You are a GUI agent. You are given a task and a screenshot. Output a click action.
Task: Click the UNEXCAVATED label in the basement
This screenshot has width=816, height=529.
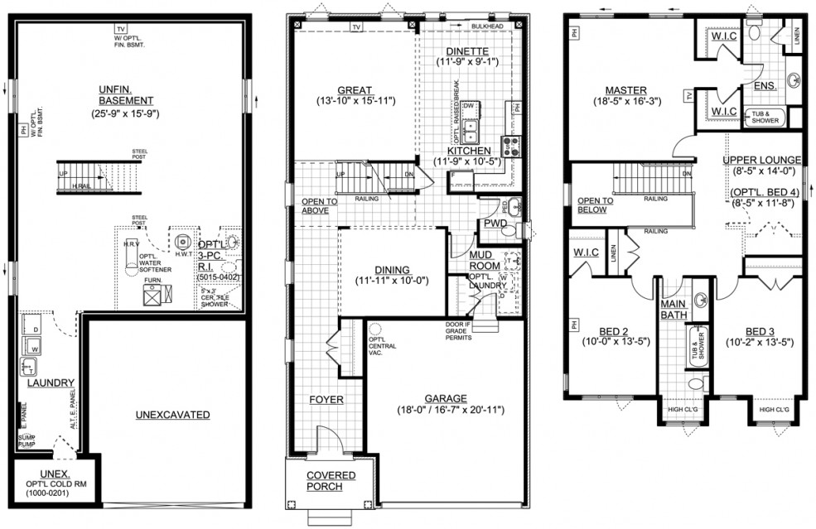[x=173, y=415]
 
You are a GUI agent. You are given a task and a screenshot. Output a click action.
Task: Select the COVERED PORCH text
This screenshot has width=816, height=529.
[x=331, y=481]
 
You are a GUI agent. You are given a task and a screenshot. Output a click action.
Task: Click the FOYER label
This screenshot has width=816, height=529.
[x=326, y=400]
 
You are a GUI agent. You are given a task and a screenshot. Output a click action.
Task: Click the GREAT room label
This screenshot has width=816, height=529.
[x=354, y=90]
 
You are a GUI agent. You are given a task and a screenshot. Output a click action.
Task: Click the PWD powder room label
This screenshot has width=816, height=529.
[x=495, y=224]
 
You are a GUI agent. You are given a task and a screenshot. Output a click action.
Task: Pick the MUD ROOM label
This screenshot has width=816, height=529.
[x=485, y=260]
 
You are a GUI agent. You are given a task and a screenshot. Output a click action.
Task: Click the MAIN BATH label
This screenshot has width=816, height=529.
[x=676, y=308]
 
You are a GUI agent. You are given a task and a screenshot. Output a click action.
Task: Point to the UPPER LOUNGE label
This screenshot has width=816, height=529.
[x=761, y=160]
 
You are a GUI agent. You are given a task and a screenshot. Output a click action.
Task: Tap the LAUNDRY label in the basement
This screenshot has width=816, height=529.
[x=46, y=382]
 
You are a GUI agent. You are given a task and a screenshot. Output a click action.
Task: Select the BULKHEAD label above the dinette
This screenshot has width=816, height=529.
[x=487, y=26]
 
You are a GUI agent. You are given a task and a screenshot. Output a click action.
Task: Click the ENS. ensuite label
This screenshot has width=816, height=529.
[x=764, y=85]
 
